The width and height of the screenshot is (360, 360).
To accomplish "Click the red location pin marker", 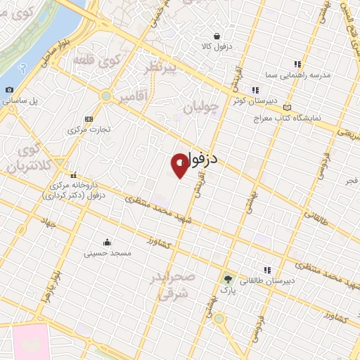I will coord(180,165).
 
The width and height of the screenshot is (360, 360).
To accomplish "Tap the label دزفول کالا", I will coord(216,46).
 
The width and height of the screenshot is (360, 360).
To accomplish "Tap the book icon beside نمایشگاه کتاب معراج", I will coord(287,108).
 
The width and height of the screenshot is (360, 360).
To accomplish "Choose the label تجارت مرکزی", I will coord(87,130).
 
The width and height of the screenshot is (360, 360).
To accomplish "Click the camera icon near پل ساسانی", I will coord(9,90).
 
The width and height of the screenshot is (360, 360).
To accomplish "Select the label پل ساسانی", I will coord(23,101).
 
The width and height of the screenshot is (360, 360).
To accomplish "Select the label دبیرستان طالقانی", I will coord(266,280).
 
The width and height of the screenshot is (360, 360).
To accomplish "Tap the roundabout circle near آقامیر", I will coord(106,96).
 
